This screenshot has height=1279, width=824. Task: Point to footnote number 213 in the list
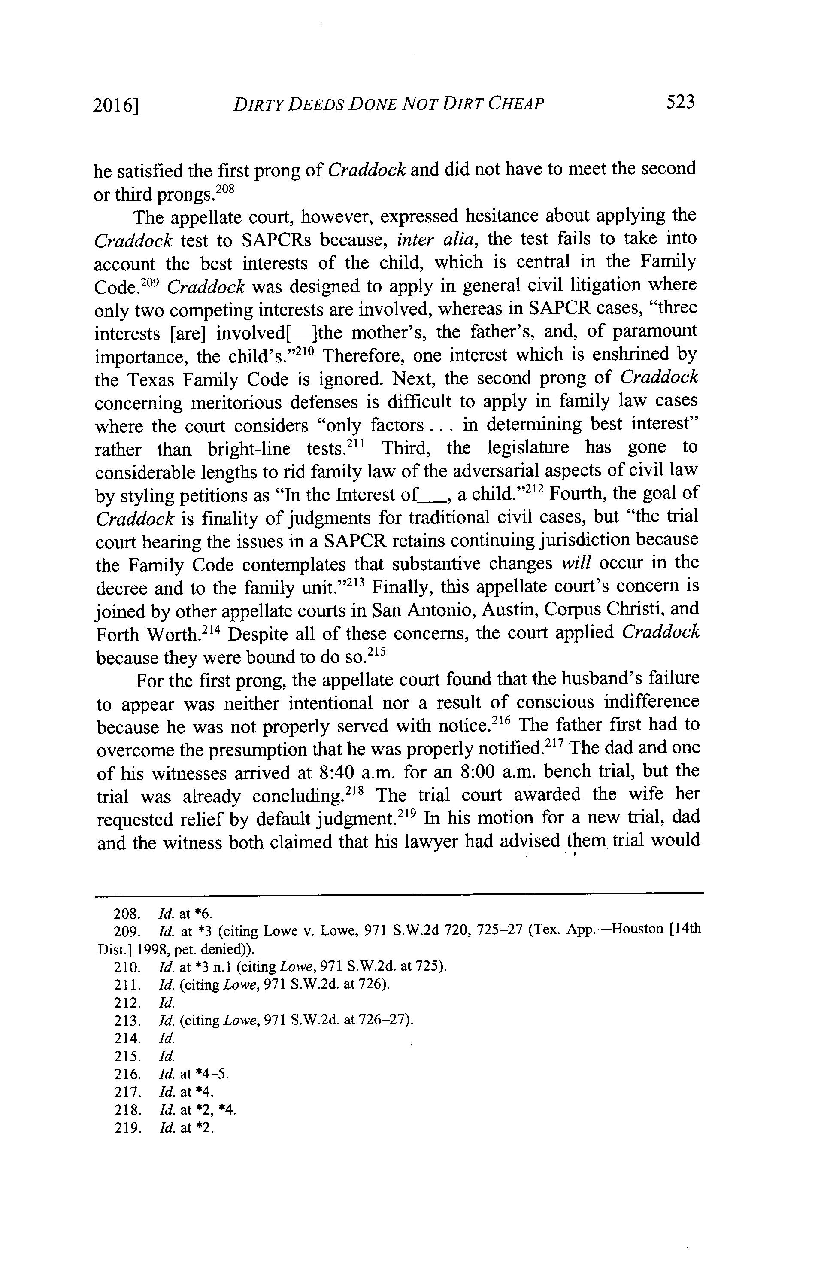[x=127, y=1021]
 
